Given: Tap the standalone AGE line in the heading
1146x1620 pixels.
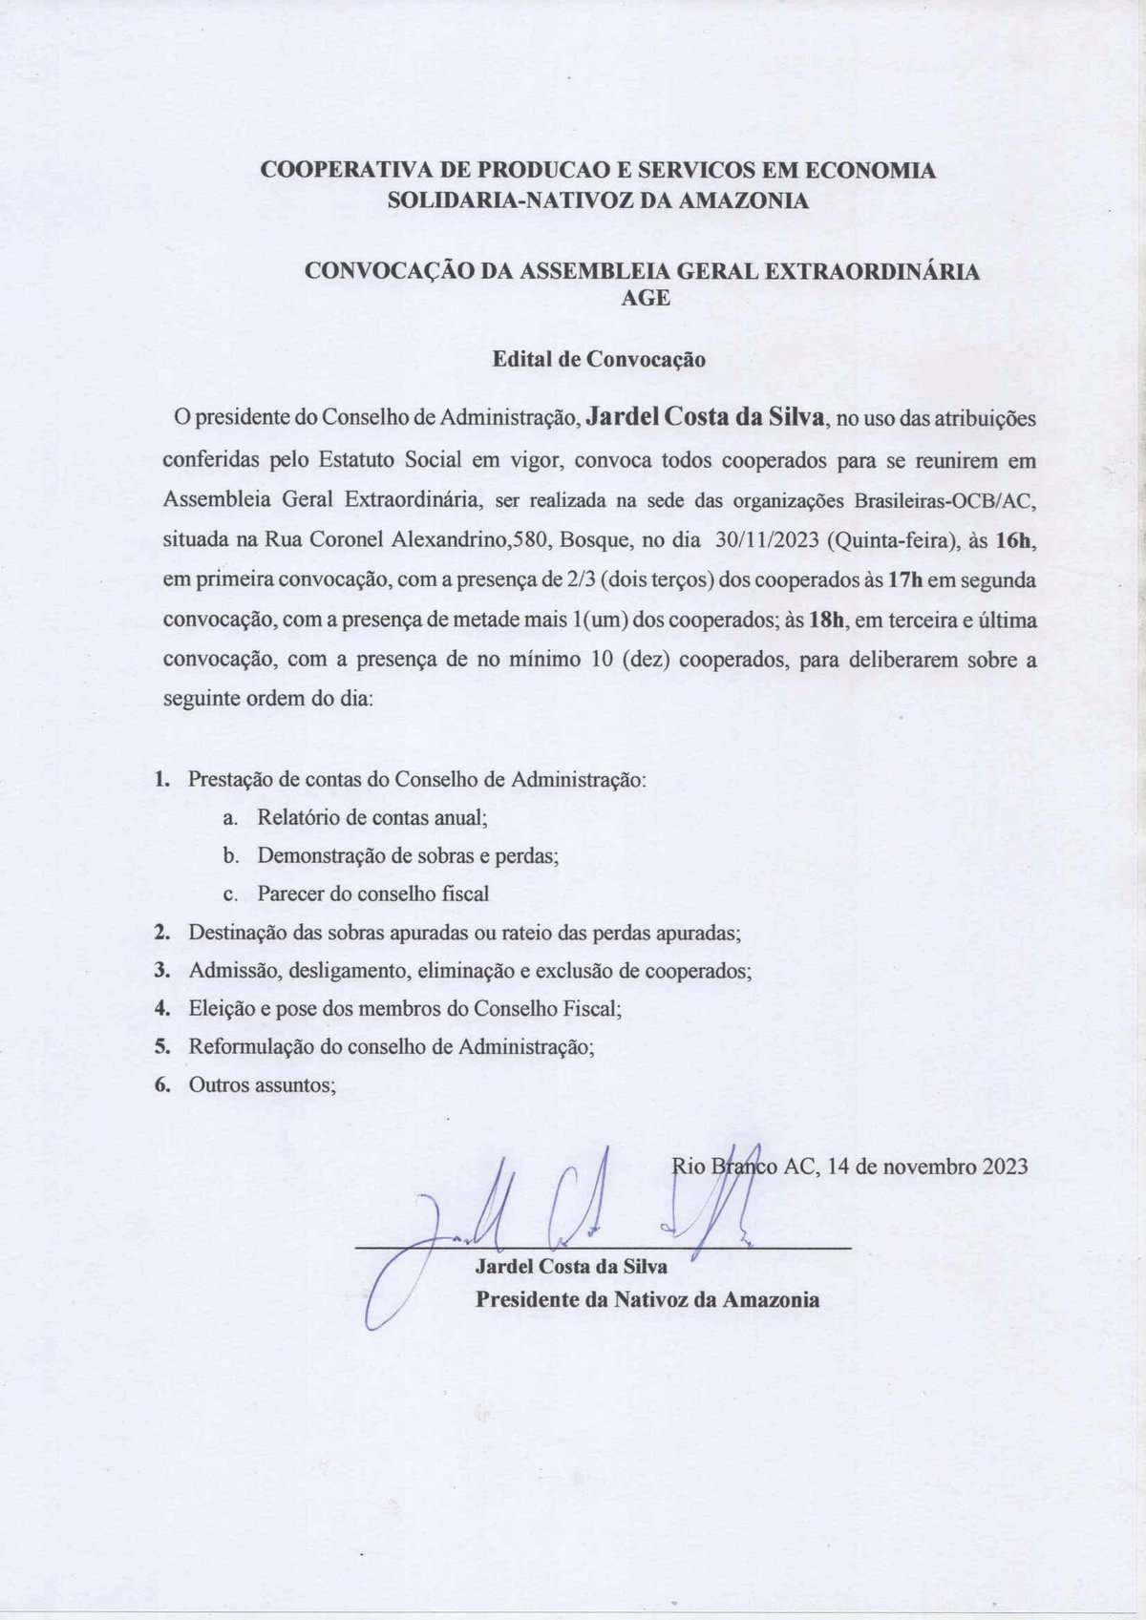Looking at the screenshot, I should (x=646, y=297).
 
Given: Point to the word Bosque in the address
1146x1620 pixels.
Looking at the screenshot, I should (x=596, y=539).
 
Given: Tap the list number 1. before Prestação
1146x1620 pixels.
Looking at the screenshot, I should (x=163, y=779).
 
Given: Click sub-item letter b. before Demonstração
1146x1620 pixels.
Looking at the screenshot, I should (x=230, y=855).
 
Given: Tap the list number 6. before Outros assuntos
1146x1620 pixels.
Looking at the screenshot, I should (x=163, y=1084).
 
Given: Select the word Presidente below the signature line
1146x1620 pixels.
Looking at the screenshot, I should (x=531, y=1299).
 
